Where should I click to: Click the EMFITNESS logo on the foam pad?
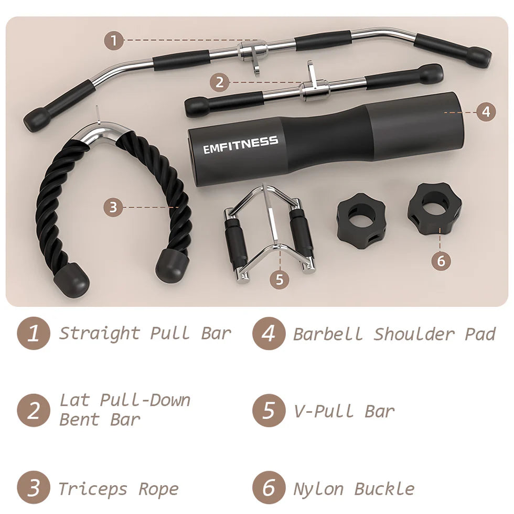[x=241, y=145]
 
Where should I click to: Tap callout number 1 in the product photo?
[x=114, y=41]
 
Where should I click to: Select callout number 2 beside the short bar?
[x=220, y=82]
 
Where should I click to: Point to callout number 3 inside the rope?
[x=113, y=207]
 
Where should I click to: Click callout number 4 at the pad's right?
[x=486, y=112]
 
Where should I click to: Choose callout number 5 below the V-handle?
[x=279, y=279]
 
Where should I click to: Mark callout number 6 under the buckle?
[x=441, y=261]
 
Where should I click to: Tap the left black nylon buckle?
[x=361, y=221]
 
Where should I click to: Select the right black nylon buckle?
[x=435, y=209]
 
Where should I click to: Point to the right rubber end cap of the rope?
[x=172, y=264]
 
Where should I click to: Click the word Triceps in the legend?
[x=93, y=489]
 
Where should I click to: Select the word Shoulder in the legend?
[x=414, y=334]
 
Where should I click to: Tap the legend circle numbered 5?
[x=269, y=410]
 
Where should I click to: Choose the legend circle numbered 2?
[x=34, y=410]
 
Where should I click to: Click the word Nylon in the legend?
[x=318, y=489]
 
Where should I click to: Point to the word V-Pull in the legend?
[x=324, y=411]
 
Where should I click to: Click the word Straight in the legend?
[x=99, y=334]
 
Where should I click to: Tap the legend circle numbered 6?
[x=269, y=487]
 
